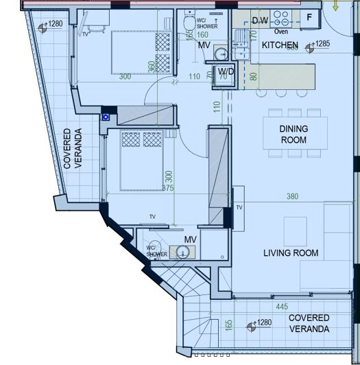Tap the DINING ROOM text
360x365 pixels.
point(293,134)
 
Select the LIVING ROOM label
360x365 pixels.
point(291,253)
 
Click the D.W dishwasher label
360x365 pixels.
point(260,21)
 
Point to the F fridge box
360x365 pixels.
point(309,17)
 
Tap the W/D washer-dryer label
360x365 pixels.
point(226,72)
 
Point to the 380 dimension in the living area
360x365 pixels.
point(292,197)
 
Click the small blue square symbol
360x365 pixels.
point(106,117)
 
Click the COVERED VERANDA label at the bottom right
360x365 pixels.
point(309,323)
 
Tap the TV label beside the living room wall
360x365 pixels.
point(240,207)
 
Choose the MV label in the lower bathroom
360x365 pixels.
point(191,239)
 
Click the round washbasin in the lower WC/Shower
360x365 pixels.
point(182,252)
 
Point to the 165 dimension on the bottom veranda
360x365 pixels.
point(228,325)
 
